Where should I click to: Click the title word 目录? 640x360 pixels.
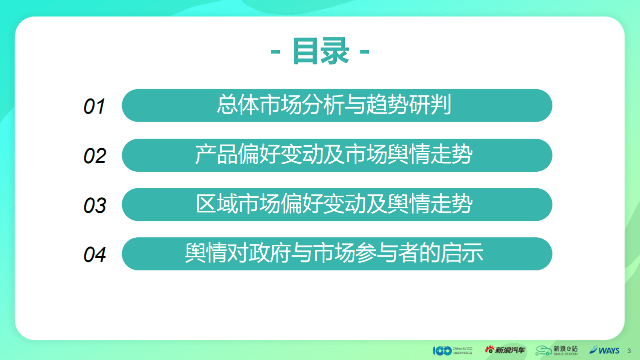point(320,52)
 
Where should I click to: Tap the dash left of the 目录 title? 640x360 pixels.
point(275,52)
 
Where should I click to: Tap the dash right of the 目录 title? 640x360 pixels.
point(364,52)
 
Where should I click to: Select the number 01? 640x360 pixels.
point(94,107)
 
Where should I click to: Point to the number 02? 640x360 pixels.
point(95,156)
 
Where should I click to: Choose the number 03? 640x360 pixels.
point(95,205)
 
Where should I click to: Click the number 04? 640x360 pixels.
point(95,254)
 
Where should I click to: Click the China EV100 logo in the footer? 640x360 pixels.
point(452,350)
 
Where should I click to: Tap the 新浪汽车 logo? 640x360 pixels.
point(505,350)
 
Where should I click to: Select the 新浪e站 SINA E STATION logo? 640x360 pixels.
point(556,350)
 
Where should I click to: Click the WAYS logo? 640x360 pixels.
point(604,350)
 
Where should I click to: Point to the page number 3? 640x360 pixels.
point(629,350)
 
